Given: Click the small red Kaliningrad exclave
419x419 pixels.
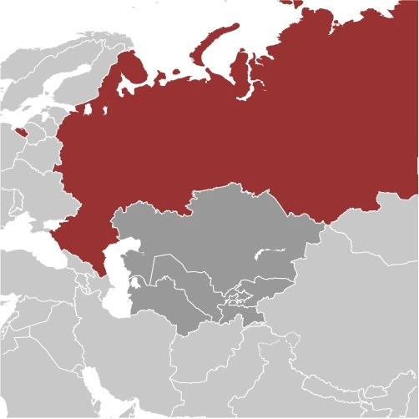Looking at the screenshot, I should coord(19,131).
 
